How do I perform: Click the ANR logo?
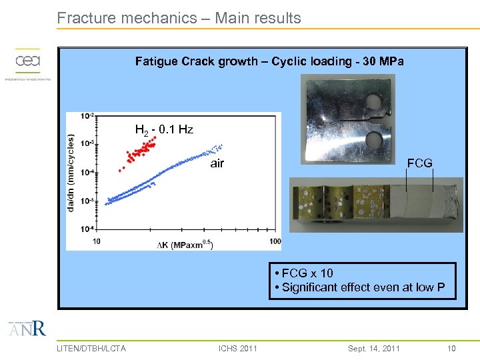click(27, 329)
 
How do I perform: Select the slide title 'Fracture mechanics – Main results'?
click(179, 18)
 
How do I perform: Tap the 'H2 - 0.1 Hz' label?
click(164, 129)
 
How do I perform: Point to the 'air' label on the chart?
click(217, 163)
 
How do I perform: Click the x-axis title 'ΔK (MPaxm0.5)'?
click(185, 245)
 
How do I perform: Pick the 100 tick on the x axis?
click(275, 241)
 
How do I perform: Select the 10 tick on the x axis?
click(97, 241)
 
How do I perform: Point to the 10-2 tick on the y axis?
click(87, 116)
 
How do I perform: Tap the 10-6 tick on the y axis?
click(87, 229)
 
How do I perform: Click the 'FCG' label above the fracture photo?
click(419, 163)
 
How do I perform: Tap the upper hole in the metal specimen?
click(373, 102)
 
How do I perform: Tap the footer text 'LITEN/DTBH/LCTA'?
click(91, 348)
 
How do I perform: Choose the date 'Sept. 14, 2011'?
click(374, 348)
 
